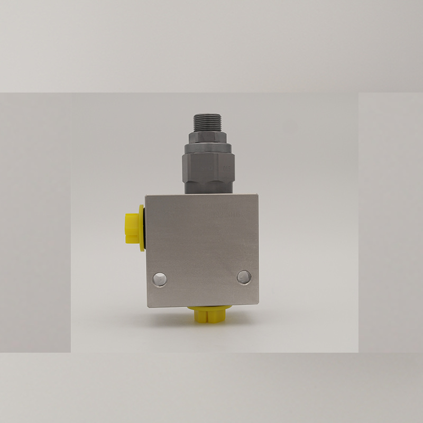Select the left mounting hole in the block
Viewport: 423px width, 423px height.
159,279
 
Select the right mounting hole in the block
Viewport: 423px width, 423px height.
244,276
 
